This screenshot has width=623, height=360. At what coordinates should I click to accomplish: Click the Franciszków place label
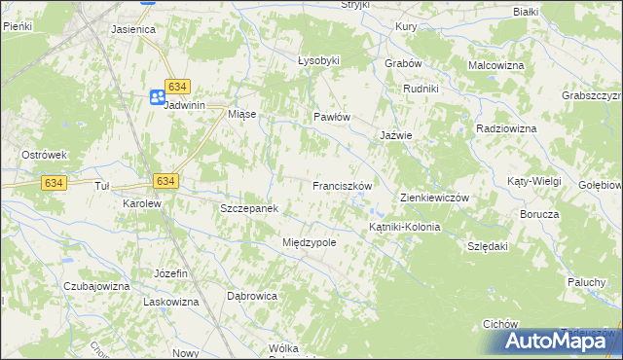coord(343,185)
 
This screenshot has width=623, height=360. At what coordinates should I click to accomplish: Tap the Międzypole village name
coord(309,242)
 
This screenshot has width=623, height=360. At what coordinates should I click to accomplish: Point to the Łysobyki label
coord(318,60)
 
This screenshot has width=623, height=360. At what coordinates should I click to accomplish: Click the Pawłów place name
coord(331,117)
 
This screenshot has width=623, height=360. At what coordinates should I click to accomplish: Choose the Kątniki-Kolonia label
coord(405,227)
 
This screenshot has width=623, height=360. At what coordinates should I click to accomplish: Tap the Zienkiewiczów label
coord(435,198)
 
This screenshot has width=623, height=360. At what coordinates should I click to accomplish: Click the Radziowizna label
coord(507,128)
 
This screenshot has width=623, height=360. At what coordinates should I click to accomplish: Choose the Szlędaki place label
coord(489,246)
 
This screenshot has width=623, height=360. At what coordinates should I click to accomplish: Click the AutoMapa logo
coord(560,341)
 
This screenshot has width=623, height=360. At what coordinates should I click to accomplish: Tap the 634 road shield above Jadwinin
coord(176,86)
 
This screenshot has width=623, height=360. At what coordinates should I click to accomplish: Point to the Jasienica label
coord(134,29)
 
